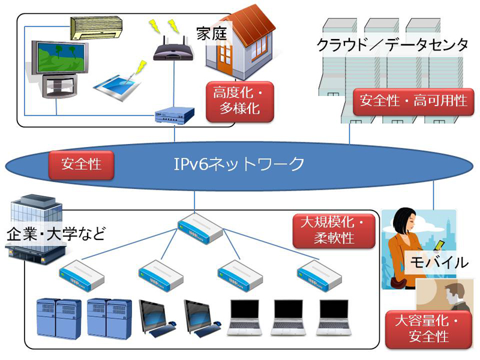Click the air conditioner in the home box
pyautogui.click(x=96, y=28)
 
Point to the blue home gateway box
pyautogui.click(x=175, y=115)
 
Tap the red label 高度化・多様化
pyautogui.click(x=239, y=101)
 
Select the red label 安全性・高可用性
pyautogui.click(x=413, y=101)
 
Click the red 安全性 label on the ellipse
pyautogui.click(x=81, y=164)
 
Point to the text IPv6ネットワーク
pyautogui.click(x=239, y=164)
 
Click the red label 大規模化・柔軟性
pyautogui.click(x=334, y=230)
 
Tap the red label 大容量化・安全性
pyautogui.click(x=428, y=329)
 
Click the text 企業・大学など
pyautogui.click(x=56, y=234)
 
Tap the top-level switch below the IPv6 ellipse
pyautogui.click(x=200, y=229)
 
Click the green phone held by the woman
pyautogui.click(x=440, y=245)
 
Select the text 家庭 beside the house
pyautogui.click(x=212, y=34)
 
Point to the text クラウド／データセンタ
pyautogui.click(x=393, y=46)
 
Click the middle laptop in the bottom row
pyautogui.click(x=288, y=318)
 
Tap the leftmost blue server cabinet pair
pyautogui.click(x=59, y=319)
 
